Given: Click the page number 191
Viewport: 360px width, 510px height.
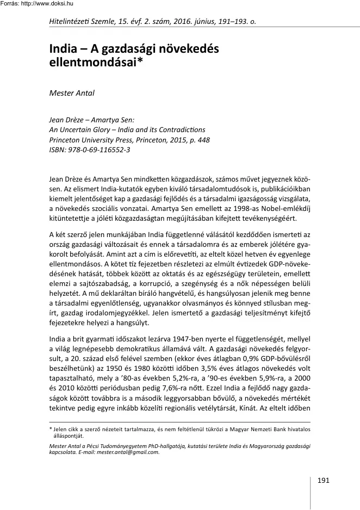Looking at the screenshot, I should pos(322,480).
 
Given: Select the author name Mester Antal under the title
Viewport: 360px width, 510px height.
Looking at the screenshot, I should pos(72,93).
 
